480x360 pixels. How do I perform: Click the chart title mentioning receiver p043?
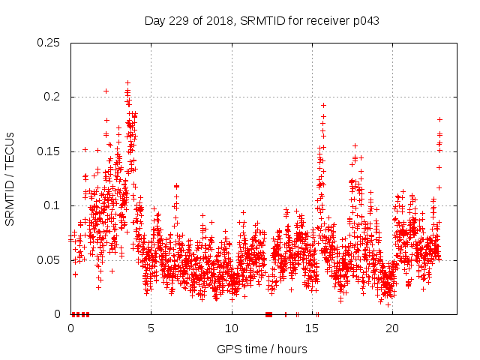point(262,21)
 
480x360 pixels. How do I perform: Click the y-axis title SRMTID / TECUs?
point(10,178)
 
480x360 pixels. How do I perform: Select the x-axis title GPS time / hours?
point(262,349)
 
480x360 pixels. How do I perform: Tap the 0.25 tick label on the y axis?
point(49,43)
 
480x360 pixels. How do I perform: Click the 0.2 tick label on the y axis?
point(52,97)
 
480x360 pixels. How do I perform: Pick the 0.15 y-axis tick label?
point(49,151)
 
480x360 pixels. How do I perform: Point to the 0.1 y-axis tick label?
point(52,205)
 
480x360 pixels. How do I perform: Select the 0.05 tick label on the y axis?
point(49,260)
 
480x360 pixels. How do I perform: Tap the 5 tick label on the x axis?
point(151,328)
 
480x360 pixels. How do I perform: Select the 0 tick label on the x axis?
point(70,328)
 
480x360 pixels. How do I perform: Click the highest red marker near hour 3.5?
point(128,82)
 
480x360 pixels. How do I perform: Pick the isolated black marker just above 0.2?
point(106,91)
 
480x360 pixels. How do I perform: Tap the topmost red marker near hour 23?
point(439,119)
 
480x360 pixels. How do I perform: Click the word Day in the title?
point(154,21)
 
